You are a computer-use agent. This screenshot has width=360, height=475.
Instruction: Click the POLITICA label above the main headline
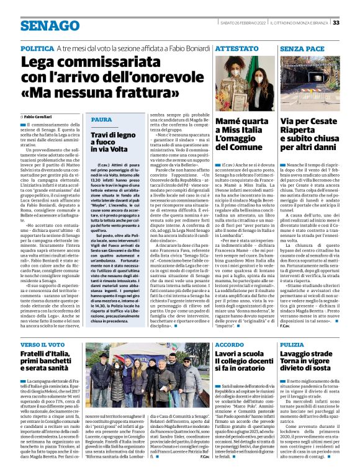coord(37,48)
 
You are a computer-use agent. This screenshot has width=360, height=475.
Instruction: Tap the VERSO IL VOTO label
coord(43,344)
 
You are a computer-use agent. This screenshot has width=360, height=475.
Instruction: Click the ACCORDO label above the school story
coord(230,344)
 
